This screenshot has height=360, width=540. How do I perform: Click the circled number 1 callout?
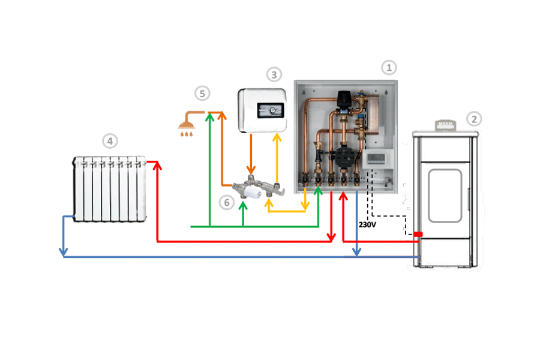point(389,67)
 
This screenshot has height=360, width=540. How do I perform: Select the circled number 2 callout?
point(474,118)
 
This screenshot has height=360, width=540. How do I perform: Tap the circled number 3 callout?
point(274,74)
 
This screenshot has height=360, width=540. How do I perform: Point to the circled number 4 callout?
point(109,141)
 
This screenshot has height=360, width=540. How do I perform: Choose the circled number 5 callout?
point(202,93)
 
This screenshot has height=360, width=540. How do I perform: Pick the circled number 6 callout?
point(226,203)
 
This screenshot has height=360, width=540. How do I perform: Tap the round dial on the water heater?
point(274,110)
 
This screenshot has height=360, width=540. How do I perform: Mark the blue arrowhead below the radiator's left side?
point(63,253)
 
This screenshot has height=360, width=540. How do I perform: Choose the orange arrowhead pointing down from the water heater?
point(252,170)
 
